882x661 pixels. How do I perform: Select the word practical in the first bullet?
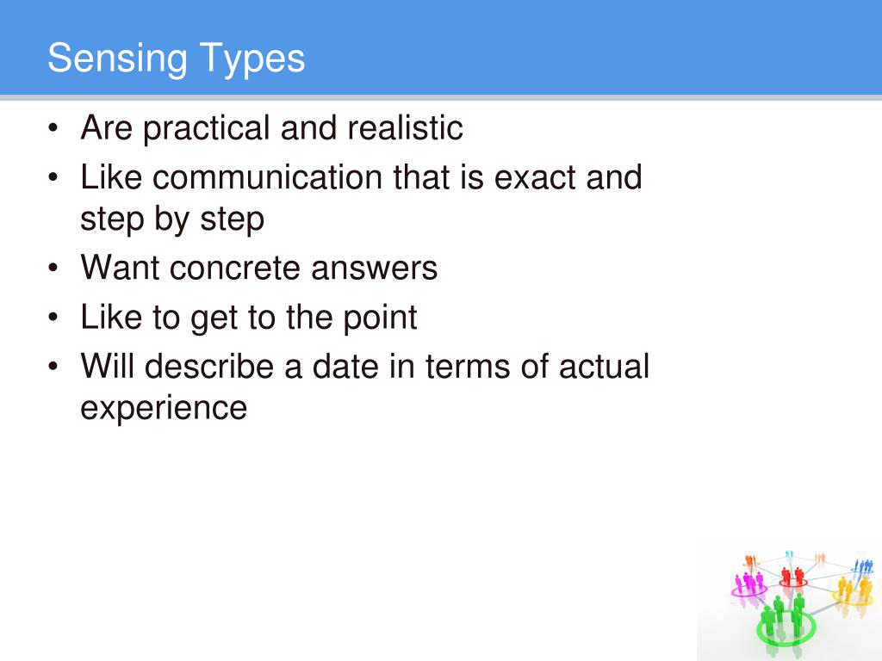[x=206, y=129]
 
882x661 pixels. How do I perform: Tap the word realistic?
[x=405, y=129]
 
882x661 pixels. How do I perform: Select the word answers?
[x=375, y=269]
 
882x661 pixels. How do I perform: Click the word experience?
[x=164, y=408]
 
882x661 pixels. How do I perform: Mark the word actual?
[x=604, y=367]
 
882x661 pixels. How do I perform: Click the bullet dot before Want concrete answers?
[x=54, y=269]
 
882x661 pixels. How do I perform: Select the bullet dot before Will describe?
[x=54, y=368]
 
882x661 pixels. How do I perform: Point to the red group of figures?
[x=792, y=575]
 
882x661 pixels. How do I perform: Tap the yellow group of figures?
[x=852, y=590]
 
